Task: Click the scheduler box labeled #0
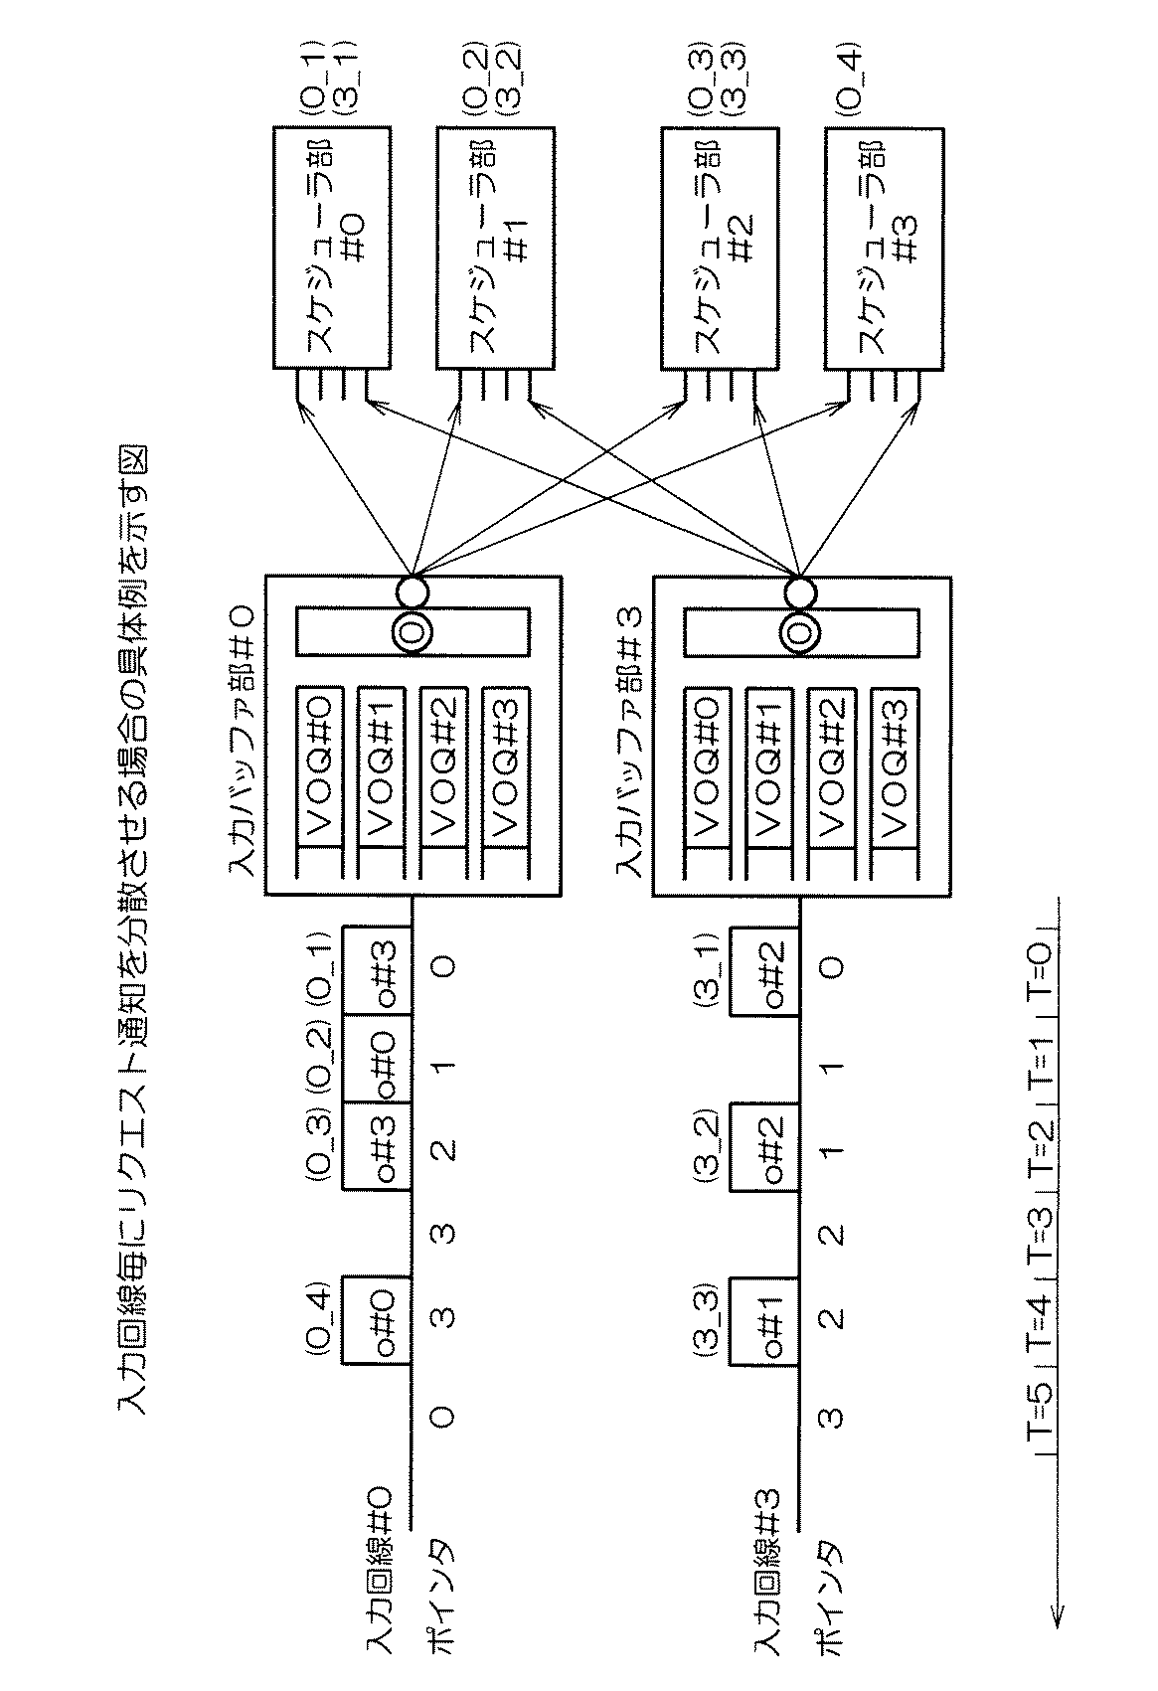[x=333, y=248]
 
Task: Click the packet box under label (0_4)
[x=376, y=1319]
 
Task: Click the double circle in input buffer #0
[x=413, y=631]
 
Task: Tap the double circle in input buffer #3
[x=800, y=631]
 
